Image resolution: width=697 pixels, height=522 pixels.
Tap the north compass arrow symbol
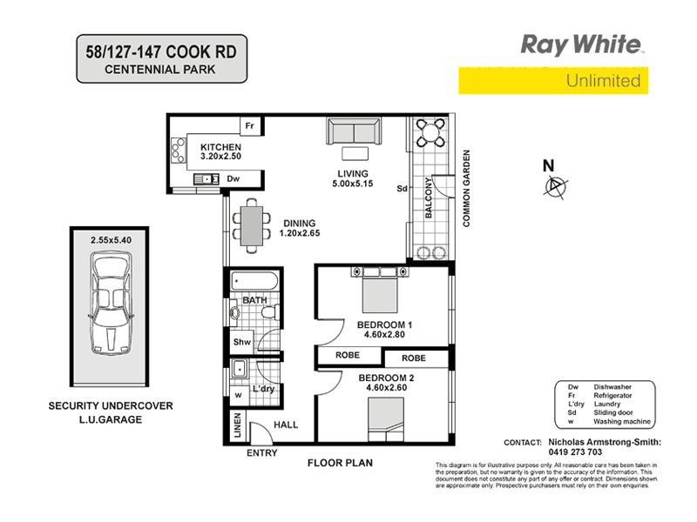554,185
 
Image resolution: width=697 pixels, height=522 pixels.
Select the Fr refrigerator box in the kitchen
249,126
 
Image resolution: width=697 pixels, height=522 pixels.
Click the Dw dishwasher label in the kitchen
233,179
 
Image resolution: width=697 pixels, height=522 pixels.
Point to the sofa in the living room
352,131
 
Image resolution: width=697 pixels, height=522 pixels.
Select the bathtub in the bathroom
254,282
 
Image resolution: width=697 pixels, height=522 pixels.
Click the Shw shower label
242,342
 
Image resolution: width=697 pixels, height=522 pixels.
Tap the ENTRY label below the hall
261,454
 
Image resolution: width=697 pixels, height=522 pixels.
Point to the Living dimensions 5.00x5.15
352,184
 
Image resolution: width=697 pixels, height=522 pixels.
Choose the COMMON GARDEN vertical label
467,189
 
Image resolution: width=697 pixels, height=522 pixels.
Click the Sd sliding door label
402,188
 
